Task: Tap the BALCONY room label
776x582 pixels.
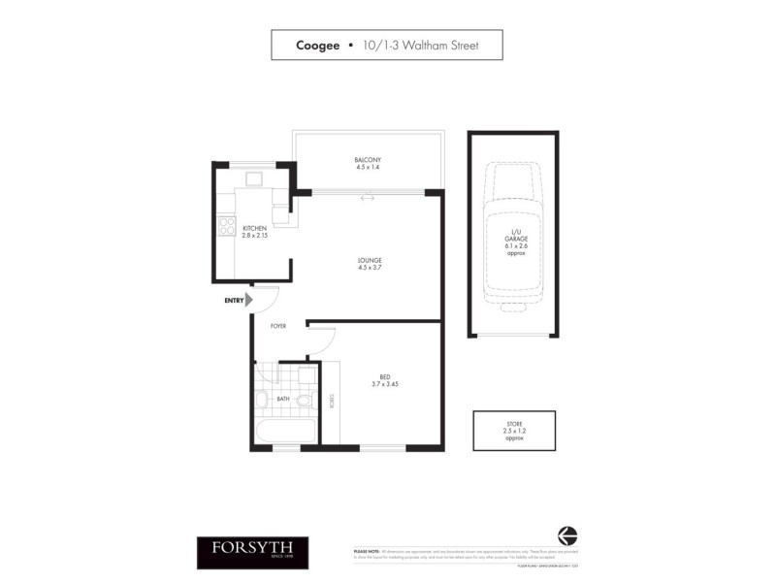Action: click(368, 159)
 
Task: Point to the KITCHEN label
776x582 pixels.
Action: click(254, 228)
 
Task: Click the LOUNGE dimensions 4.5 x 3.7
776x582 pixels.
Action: click(368, 268)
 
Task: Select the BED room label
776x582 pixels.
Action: click(385, 376)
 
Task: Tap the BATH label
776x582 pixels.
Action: click(282, 399)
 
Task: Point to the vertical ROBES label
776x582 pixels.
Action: click(332, 402)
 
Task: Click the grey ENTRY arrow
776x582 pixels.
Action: click(249, 301)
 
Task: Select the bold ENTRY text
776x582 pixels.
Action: click(234, 301)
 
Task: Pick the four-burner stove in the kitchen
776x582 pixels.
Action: click(227, 226)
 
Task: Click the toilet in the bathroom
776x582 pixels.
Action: click(303, 399)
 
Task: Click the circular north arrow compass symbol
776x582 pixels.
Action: click(567, 535)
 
